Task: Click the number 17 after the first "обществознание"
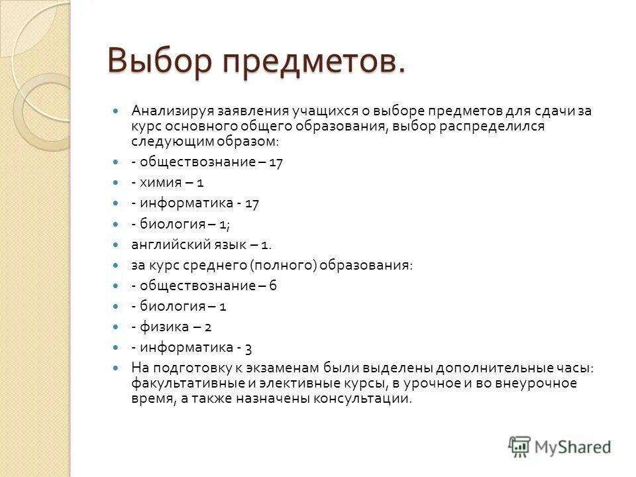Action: (276, 162)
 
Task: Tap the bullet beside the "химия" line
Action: (117, 183)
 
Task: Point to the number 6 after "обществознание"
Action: (272, 286)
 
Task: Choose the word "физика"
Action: (165, 327)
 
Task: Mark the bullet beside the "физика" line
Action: (117, 327)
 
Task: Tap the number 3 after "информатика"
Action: (248, 347)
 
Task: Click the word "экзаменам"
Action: (288, 368)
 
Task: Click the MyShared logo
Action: (560, 447)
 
